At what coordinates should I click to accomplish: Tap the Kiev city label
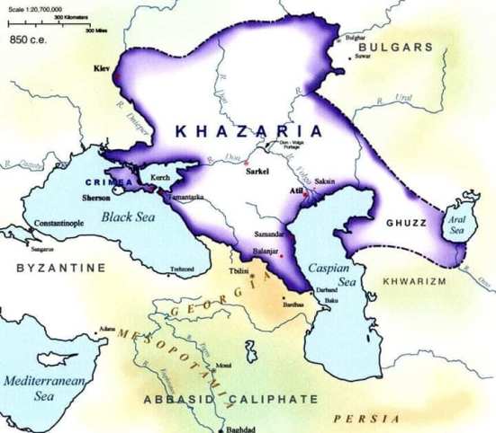pyautogui.click(x=101, y=67)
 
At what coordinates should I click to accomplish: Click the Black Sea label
pyautogui.click(x=127, y=216)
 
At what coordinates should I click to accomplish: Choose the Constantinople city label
pyautogui.click(x=59, y=222)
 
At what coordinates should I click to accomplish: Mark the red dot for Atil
pyautogui.click(x=306, y=194)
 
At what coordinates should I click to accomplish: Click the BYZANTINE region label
pyautogui.click(x=60, y=268)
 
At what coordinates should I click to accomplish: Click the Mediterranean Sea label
pyautogui.click(x=42, y=387)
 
